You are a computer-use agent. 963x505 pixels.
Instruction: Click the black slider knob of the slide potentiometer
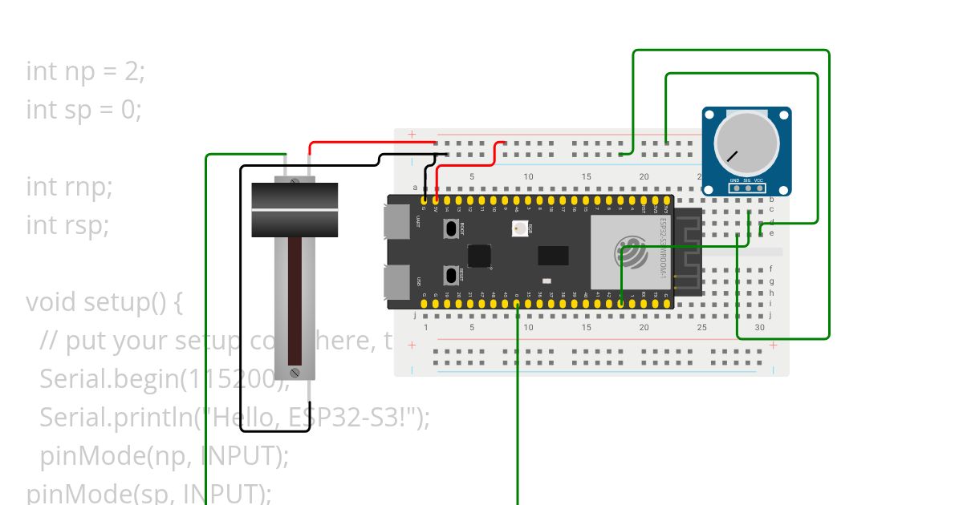point(295,210)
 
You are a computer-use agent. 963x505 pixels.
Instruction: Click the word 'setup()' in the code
point(134,302)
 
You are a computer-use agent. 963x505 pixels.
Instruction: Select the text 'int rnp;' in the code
point(70,187)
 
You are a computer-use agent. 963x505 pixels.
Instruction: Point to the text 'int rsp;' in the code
point(67,225)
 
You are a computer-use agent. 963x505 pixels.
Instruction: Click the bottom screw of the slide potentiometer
point(295,373)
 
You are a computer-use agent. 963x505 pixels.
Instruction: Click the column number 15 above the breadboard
point(587,176)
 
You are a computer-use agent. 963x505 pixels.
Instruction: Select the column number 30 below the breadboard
point(759,327)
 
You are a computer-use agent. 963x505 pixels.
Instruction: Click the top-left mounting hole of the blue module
point(710,115)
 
